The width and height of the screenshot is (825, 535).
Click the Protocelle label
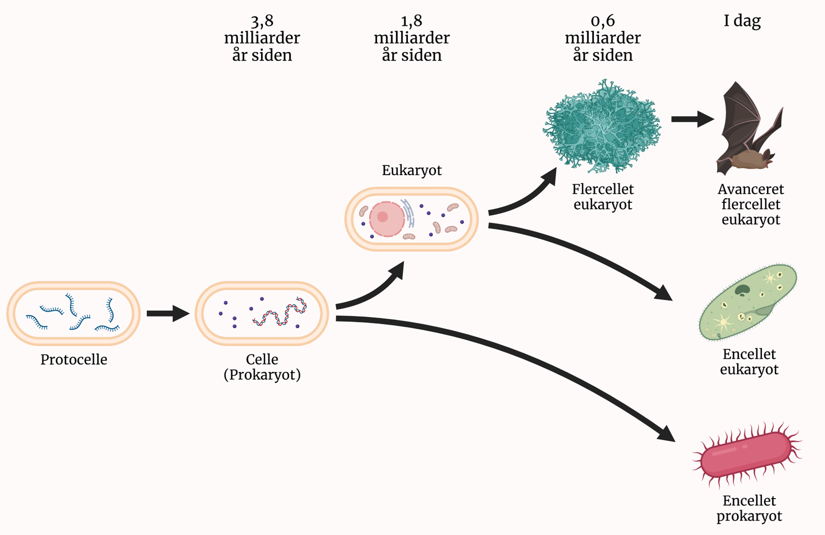coord(73,359)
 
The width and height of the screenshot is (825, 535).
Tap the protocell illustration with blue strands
coord(73,313)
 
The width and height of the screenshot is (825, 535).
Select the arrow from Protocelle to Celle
coord(167,314)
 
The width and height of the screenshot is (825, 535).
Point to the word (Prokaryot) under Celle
coord(262,375)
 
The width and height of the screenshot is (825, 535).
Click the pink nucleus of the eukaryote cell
coord(386,219)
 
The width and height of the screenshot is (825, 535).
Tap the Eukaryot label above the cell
coord(411,170)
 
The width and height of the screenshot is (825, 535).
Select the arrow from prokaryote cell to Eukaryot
coord(372,290)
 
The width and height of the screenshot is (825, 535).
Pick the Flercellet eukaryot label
coord(602,197)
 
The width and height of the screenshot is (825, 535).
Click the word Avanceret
coord(750,189)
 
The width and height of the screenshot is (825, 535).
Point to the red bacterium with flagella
coord(746,454)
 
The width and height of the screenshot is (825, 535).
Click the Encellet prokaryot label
coord(749,508)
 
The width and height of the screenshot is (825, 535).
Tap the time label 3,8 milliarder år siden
coord(262,38)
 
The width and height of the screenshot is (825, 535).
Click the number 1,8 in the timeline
coord(411,21)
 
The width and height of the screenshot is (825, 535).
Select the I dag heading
coord(742,21)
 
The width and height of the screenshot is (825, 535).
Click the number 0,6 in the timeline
coord(602,21)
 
